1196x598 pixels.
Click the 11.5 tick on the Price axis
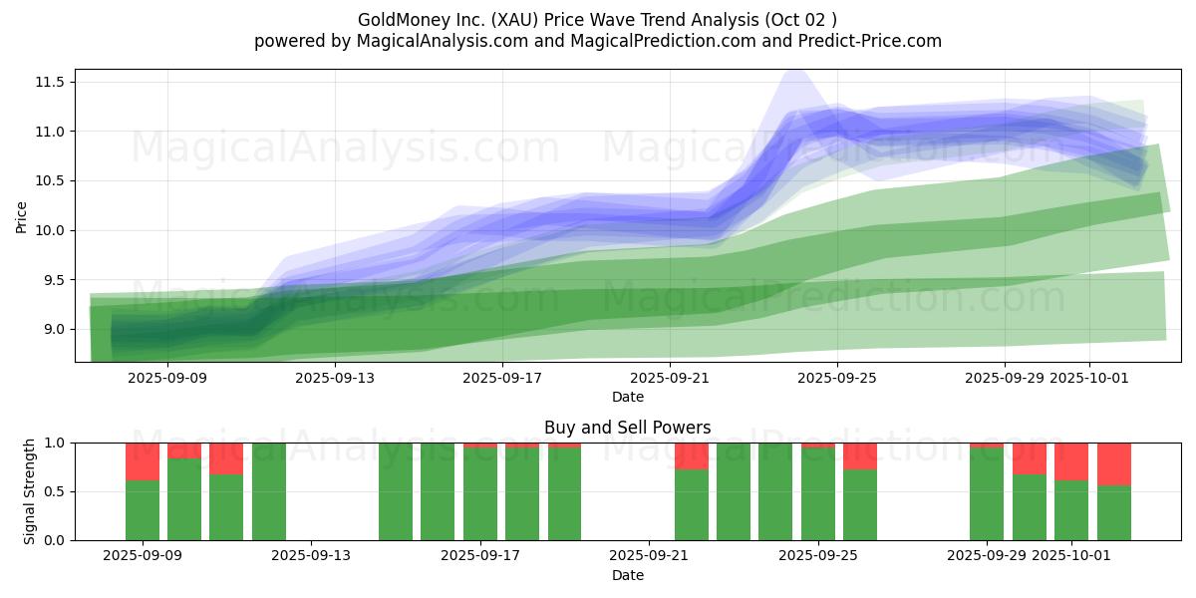[51, 82]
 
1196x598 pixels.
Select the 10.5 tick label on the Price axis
[51, 180]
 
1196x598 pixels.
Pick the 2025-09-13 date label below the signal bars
[311, 556]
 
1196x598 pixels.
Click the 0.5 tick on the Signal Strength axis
[54, 491]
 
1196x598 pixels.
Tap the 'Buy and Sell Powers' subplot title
[627, 428]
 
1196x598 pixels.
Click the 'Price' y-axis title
[22, 216]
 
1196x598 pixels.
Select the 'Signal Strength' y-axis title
[30, 491]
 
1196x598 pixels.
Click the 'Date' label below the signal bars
[627, 575]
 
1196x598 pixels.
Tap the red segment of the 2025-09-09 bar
[143, 461]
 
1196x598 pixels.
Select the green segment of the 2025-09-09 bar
[143, 510]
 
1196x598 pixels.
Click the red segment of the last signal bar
[1114, 463]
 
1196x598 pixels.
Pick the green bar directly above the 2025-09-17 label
[480, 494]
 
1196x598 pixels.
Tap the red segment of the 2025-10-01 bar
[1071, 461]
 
